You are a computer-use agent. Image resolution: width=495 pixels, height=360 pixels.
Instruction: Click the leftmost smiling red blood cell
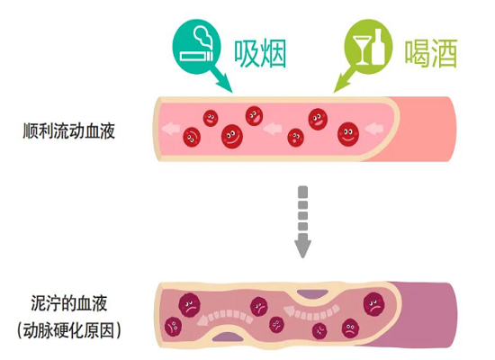click(x=191, y=137)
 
